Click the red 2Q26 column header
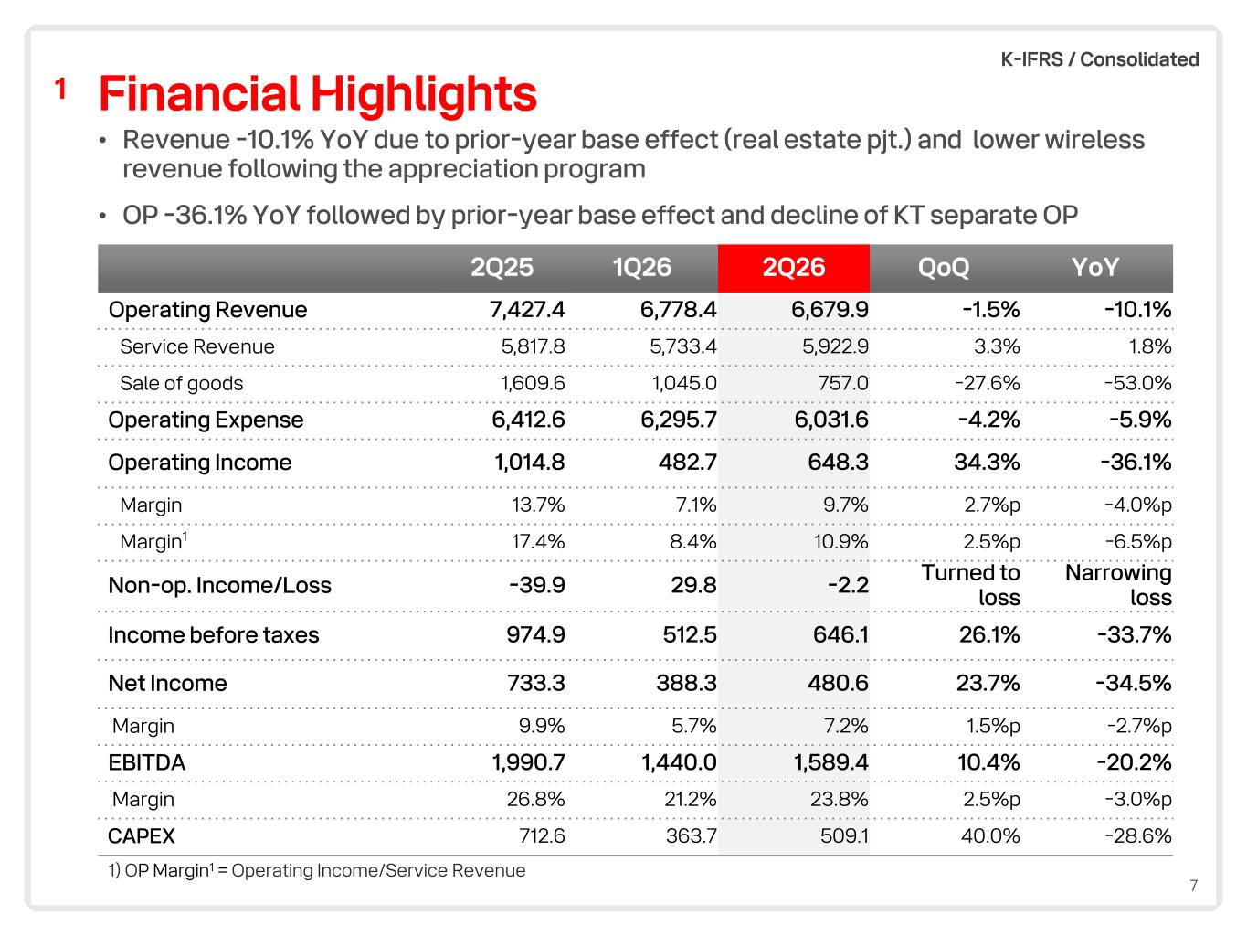793,267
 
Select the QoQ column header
944,267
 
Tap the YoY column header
1094,267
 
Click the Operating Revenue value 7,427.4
526,310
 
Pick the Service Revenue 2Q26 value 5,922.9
835,346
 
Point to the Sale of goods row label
181,384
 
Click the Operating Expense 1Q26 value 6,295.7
679,420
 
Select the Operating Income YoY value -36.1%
1136,462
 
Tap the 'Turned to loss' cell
971,585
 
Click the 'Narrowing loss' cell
1118,585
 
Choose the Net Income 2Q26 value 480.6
838,683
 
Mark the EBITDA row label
146,762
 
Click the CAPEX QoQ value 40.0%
990,836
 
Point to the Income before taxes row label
214,634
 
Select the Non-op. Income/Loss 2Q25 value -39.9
537,585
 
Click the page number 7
1194,886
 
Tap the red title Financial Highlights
318,94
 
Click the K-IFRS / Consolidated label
1100,59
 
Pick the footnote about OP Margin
316,871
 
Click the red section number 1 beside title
60,89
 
